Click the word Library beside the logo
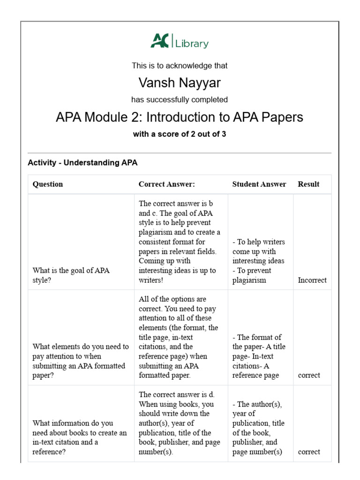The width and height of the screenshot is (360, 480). click(192, 44)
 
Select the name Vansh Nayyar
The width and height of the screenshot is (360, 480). click(180, 83)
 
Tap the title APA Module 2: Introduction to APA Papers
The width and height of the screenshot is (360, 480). click(180, 117)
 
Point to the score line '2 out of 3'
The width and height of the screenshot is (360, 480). click(180, 134)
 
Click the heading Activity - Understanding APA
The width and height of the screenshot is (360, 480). click(82, 163)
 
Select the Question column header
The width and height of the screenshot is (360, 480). click(47, 184)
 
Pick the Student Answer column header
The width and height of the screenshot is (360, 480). click(259, 184)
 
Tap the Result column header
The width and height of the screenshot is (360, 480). click(308, 184)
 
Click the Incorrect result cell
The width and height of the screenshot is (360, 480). click(312, 280)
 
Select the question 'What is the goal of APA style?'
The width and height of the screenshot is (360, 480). click(71, 276)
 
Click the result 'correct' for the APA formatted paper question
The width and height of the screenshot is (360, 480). click(309, 375)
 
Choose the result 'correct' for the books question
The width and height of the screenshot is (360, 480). click(309, 452)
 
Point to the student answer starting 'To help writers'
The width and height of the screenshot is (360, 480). click(259, 261)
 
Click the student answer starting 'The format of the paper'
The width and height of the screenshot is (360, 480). click(259, 356)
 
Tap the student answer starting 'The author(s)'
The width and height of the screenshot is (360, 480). click(258, 428)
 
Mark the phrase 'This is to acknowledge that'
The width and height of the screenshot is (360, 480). click(180, 66)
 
